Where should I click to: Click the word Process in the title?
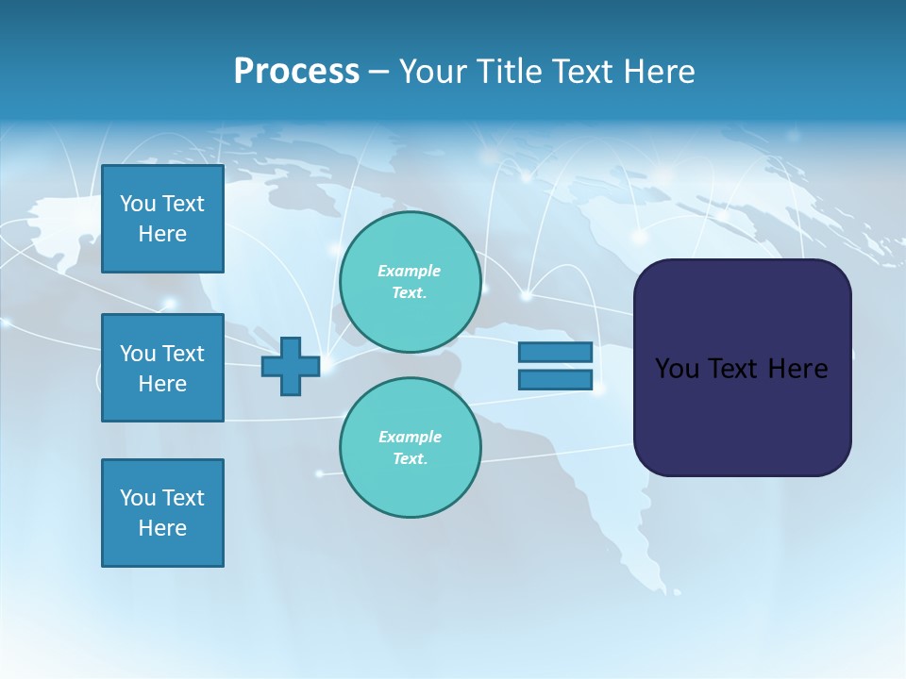coord(296,72)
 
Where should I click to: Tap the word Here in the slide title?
coord(658,72)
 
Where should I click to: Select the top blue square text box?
coord(162,219)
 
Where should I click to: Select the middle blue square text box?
coord(162,368)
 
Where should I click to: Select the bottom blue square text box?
coord(162,513)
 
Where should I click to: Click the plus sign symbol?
coord(291,367)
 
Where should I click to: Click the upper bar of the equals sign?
coord(555,352)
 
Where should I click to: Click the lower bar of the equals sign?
coord(555,380)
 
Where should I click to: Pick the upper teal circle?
coord(410,281)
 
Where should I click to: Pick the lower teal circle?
coord(410,447)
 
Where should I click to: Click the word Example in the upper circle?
coord(410,271)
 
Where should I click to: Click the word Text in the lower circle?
coord(409,458)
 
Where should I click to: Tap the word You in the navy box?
coord(677,369)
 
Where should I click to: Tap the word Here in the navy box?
coord(797,369)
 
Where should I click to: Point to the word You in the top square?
coord(138,204)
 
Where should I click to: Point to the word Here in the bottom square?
coord(162,528)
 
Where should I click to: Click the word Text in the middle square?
coord(182,354)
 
